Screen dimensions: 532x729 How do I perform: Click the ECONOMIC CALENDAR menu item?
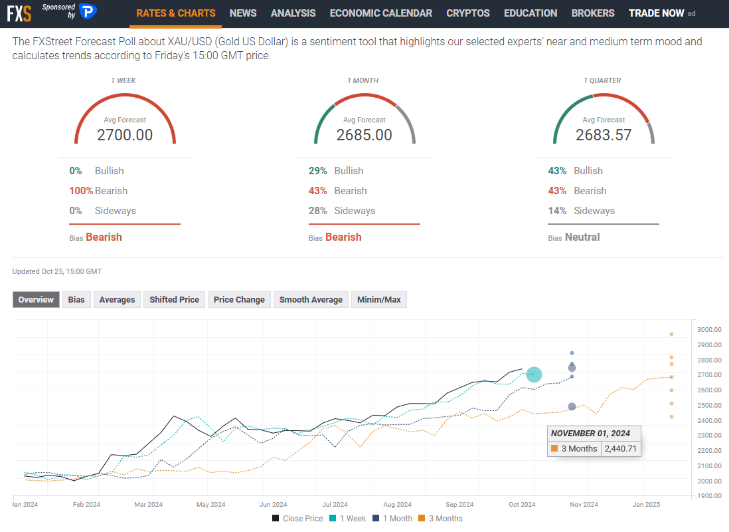380,13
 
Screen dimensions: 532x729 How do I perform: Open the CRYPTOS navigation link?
467,13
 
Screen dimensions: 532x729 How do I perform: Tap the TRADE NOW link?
656,13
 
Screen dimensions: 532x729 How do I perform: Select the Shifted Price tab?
174,300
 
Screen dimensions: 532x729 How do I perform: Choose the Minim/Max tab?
378,300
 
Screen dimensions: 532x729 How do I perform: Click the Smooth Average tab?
311,300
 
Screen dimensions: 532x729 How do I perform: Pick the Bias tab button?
76,300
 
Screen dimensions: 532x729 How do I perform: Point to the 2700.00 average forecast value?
125,135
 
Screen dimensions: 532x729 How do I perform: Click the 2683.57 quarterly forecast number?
604,135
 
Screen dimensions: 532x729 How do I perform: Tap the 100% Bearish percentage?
80,191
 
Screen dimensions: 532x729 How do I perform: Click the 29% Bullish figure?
317,171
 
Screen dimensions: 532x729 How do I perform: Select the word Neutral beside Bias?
582,237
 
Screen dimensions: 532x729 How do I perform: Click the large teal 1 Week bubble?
534,375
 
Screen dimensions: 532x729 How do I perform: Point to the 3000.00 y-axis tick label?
710,330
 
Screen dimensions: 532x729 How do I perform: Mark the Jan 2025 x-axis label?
643,504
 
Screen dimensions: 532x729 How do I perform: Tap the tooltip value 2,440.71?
621,449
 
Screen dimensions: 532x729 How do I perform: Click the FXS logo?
19,13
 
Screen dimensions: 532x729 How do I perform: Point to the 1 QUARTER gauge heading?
603,80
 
